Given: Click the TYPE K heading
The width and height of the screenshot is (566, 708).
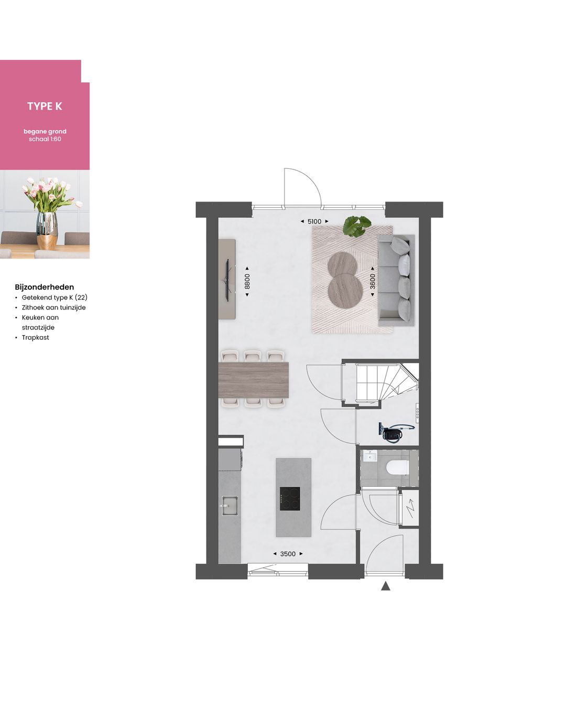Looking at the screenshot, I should point(45,106).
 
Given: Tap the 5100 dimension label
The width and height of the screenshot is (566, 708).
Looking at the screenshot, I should point(314,221).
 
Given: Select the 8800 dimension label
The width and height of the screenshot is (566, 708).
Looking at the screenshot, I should point(247,281).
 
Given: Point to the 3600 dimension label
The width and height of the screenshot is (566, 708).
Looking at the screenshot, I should point(373,281).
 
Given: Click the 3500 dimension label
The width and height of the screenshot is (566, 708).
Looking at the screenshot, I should point(288,554).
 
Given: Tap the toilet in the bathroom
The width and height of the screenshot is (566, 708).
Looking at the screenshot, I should point(397,467).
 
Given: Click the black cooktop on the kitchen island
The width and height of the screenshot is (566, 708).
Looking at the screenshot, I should point(290,498).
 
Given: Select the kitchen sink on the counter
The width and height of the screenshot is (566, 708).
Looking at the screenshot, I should point(230,506).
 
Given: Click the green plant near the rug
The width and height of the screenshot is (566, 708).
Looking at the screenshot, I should point(356,226).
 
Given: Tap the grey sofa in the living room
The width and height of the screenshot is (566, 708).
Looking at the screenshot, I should point(397,280).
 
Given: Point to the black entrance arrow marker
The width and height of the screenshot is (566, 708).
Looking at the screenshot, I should point(386,586).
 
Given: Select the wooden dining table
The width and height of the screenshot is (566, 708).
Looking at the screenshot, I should point(253,379).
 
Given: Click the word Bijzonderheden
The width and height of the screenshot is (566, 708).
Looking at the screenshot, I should point(45,287).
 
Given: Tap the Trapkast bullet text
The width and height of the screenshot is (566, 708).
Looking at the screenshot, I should point(36,337).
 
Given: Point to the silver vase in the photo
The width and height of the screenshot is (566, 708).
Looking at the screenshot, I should point(47,230).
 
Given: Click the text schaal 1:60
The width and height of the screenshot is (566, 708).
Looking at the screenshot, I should point(45,139).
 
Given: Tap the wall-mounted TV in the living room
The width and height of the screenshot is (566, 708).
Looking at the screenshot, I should point(227,279).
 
